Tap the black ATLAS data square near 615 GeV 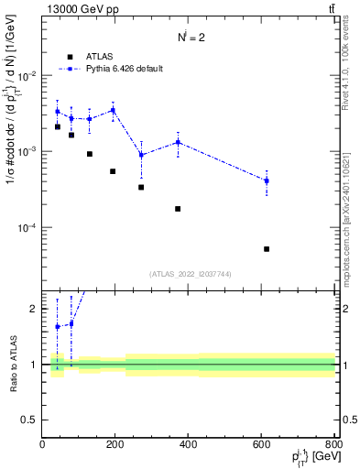tap(267, 248)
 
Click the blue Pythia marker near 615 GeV tap(267, 180)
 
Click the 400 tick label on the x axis tap(189, 445)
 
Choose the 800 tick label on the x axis tap(334, 445)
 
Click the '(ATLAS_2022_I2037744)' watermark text tap(189, 274)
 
